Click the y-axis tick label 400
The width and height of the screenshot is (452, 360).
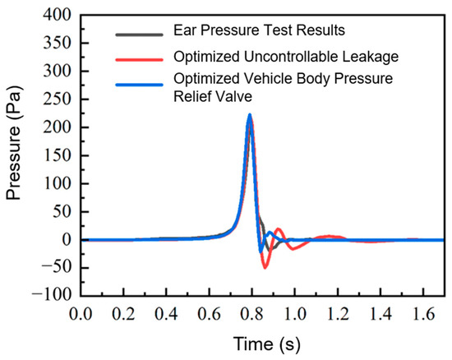57,15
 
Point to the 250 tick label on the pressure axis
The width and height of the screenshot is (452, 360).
57,99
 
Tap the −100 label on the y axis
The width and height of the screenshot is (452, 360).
52,295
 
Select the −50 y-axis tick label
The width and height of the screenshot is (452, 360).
56,267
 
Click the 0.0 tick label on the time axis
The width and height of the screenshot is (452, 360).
81,314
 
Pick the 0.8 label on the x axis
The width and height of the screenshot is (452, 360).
252,314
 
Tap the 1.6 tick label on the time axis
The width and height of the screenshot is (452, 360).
423,314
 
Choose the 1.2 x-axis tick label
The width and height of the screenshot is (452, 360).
338,314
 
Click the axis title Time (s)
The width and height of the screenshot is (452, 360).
266,344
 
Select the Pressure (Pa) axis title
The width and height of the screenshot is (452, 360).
14,142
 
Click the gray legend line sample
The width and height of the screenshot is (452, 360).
139,35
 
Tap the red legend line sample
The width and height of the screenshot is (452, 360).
139,60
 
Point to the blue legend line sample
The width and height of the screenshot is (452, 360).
139,85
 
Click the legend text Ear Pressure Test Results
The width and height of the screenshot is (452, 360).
259,30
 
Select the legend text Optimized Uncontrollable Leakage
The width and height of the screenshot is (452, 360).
286,57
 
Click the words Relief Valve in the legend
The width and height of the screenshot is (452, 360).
213,96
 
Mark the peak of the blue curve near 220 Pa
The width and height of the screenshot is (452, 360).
250,115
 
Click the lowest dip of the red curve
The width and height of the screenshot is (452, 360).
265,268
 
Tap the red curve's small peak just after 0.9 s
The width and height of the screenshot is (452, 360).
279,228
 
